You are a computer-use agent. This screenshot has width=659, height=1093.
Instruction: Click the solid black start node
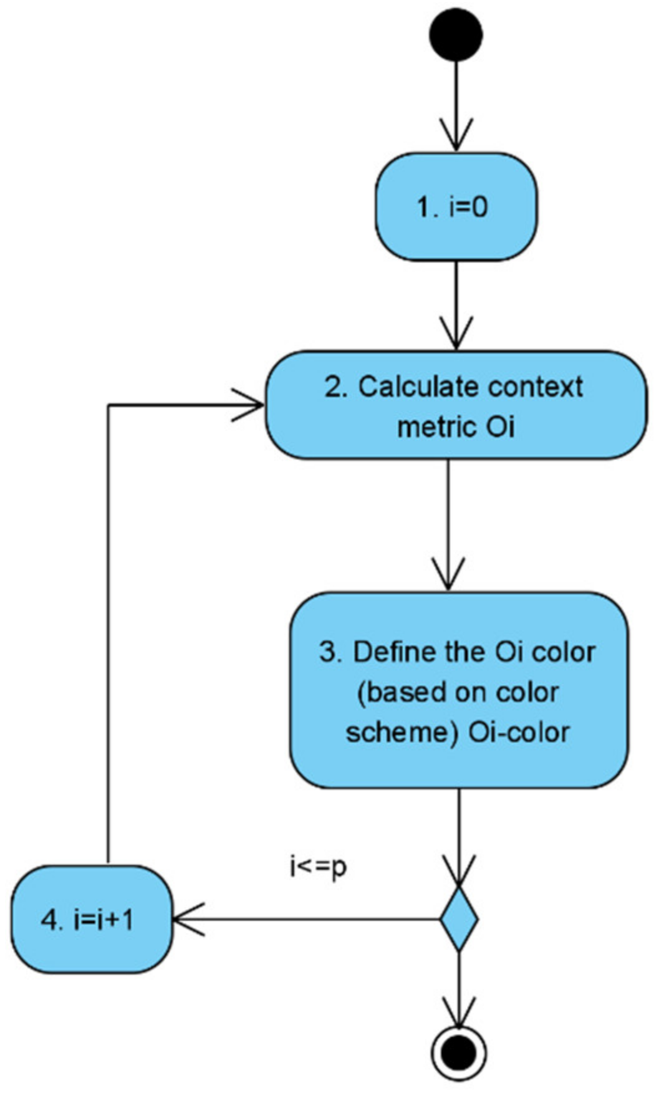coord(456,34)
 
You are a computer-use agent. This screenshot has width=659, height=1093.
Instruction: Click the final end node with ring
coord(459,1052)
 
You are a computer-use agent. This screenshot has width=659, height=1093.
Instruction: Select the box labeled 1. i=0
coord(456,206)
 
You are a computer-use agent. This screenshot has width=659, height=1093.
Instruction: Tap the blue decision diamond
coord(459,918)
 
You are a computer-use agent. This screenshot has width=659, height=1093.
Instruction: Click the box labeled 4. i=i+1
coord(92,918)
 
